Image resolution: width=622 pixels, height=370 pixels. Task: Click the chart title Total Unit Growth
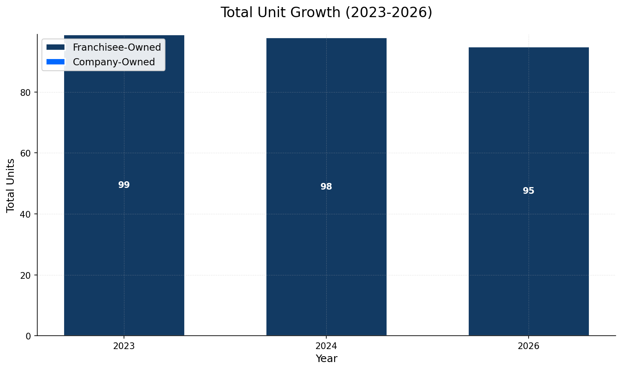tap(326, 13)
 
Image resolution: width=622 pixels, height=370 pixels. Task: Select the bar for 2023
tap(124, 251)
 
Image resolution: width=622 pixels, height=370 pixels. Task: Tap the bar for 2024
tap(326, 251)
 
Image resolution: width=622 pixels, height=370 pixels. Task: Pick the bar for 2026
tap(529, 251)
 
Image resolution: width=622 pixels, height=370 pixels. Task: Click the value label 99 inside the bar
tap(124, 185)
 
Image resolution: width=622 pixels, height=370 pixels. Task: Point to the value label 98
tap(326, 187)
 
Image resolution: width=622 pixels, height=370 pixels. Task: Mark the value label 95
tap(529, 191)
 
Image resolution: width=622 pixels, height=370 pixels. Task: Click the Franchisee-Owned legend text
tap(117, 47)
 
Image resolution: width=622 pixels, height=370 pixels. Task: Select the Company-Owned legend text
tap(114, 62)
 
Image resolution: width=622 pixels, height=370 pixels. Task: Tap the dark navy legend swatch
tap(56, 47)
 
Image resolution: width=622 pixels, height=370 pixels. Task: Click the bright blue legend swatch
tap(56, 62)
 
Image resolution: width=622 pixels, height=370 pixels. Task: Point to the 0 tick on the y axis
tap(28, 336)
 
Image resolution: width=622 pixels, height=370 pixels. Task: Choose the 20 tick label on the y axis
tap(26, 275)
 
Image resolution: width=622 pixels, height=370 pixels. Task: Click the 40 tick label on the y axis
tap(26, 214)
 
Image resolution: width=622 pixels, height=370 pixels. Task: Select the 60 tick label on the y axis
tap(26, 153)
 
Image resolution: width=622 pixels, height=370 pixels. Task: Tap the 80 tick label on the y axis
tap(26, 92)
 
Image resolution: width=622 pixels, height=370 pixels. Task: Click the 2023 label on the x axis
tap(124, 346)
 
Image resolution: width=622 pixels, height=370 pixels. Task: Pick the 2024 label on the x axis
tap(326, 346)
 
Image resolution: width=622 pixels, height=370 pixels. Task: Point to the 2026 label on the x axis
tap(529, 346)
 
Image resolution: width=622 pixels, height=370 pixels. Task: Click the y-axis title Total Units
tap(11, 185)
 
